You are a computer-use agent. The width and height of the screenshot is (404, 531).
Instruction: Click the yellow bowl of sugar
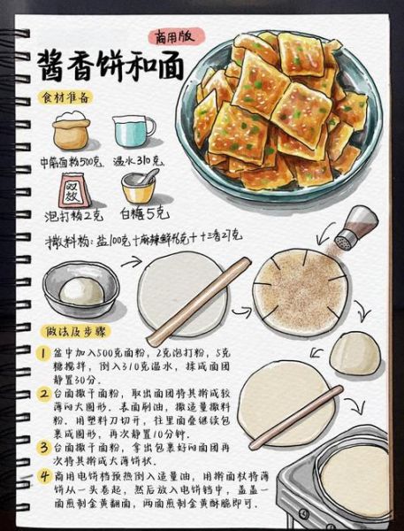[x=139, y=187]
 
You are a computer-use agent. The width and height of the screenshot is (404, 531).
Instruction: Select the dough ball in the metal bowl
[x=81, y=290]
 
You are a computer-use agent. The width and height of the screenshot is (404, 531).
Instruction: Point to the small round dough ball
[x=355, y=351]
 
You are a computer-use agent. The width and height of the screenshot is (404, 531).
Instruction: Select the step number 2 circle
[x=42, y=393]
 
